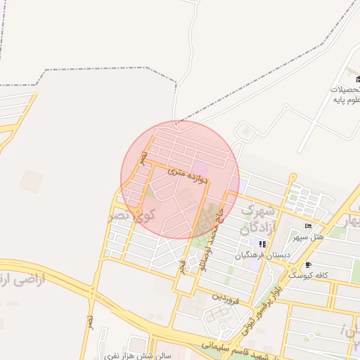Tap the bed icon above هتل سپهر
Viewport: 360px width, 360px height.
(308, 226)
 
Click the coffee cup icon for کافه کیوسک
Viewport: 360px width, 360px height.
(308, 264)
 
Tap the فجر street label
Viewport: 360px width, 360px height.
(181, 265)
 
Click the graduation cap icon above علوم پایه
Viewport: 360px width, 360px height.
(350, 77)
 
